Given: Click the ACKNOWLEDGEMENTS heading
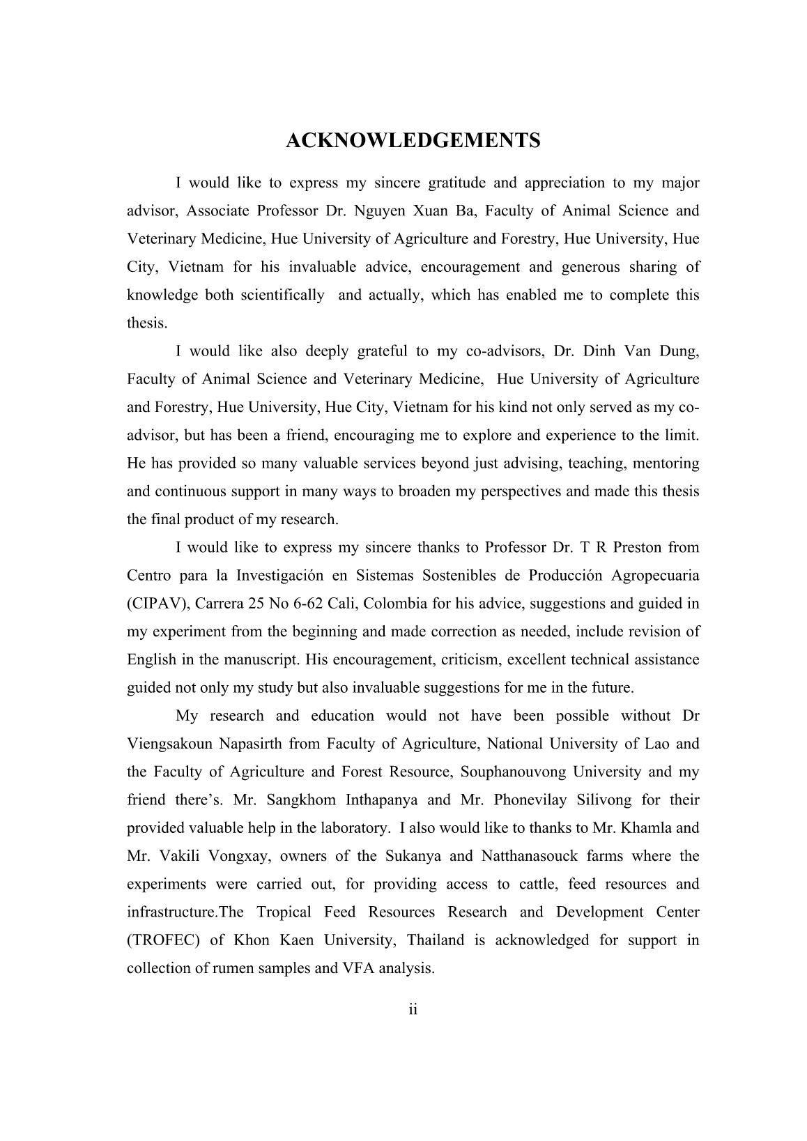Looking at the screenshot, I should click(413, 141).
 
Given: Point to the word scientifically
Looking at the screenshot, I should click(282, 295).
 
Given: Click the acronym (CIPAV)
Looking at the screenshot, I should click(157, 604).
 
